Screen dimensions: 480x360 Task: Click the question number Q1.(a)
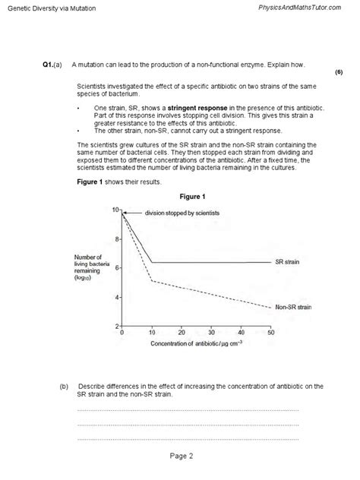coord(52,65)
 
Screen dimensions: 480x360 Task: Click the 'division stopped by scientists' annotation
coord(182,213)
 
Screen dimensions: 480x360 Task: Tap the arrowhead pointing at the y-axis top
coord(128,213)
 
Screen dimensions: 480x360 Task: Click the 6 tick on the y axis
coord(117,268)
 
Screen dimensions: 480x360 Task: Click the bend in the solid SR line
coord(152,263)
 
